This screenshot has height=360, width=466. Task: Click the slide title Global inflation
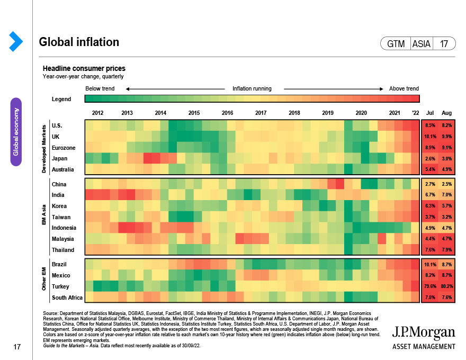click(79, 42)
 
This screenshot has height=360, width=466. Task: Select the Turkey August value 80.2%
click(446, 286)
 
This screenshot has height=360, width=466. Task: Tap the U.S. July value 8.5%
click(429, 125)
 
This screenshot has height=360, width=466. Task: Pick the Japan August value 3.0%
click(446, 158)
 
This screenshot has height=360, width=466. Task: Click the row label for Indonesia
click(64, 228)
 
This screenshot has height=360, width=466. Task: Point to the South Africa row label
click(67, 298)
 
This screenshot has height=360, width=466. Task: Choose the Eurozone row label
click(64, 148)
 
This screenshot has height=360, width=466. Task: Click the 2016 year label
click(227, 113)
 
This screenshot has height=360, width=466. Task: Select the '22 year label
click(415, 113)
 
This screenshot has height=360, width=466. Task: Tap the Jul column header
click(430, 113)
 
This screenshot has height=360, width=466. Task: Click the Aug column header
click(446, 113)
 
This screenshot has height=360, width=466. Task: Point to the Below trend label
click(100, 88)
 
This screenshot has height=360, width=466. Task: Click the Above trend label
click(404, 88)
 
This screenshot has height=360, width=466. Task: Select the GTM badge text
click(396, 44)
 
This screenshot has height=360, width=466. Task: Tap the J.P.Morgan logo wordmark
click(423, 333)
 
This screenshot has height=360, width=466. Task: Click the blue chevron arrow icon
click(15, 42)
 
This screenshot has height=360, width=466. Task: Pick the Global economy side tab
click(16, 132)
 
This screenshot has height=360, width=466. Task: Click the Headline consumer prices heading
click(84, 69)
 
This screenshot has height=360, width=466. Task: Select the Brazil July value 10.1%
click(429, 264)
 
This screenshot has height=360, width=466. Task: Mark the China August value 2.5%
click(446, 184)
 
